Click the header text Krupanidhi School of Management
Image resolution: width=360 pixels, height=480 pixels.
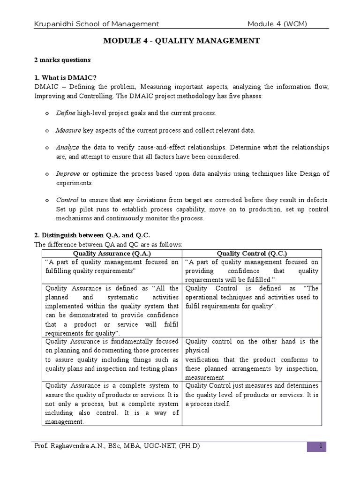pos(96,24)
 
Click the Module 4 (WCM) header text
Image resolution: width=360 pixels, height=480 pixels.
pos(277,24)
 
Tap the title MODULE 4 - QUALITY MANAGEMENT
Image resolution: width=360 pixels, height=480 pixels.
pos(181,41)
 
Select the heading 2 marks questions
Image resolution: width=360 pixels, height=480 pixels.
pos(62,60)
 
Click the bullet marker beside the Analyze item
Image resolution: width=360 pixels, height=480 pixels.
pos(46,148)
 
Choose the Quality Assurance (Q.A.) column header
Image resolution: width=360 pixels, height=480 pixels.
pos(108,253)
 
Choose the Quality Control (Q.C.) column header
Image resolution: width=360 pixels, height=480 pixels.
pos(252,253)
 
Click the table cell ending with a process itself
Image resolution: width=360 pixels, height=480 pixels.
pos(252,395)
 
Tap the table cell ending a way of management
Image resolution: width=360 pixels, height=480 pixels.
pos(112,404)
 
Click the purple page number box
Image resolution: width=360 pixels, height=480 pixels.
pos(316,446)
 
